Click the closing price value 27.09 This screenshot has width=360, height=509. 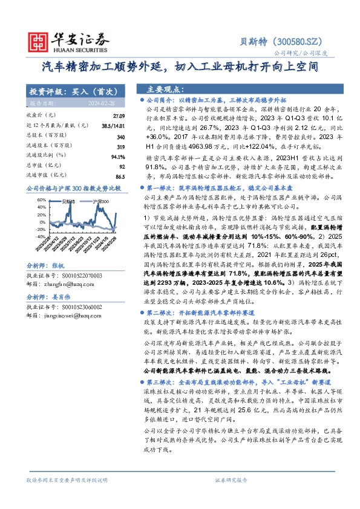[x=118, y=115]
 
